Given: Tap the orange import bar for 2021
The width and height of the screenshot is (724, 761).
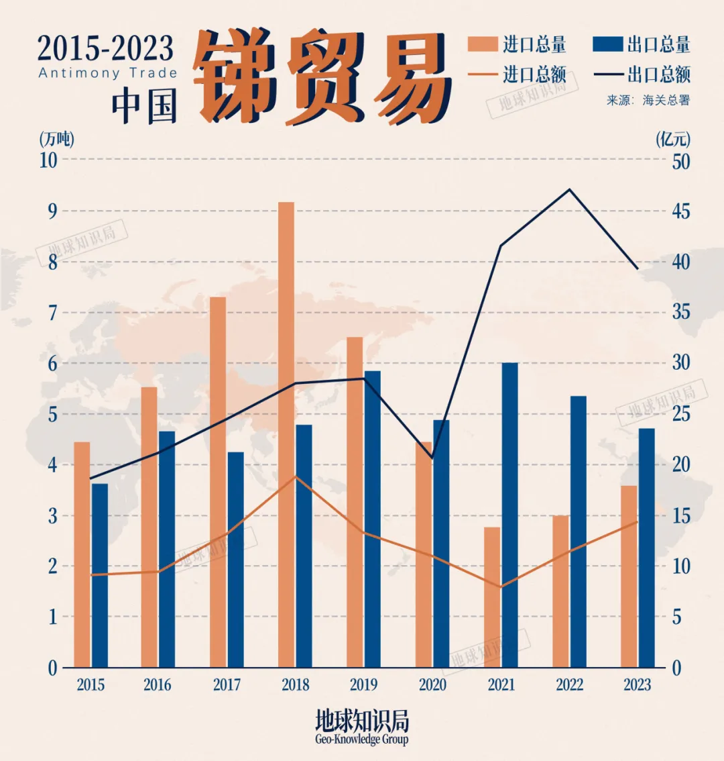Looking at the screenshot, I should (492, 597).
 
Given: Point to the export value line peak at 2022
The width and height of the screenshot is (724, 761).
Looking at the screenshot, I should (570, 189).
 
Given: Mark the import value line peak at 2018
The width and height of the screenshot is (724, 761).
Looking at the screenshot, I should (296, 476).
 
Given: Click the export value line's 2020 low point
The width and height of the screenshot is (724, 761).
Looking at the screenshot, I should (432, 458).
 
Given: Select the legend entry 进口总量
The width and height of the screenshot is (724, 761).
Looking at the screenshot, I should (517, 45).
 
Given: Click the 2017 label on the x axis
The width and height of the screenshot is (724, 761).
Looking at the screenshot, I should (227, 685).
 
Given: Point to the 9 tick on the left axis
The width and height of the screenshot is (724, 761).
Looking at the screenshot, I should (51, 211).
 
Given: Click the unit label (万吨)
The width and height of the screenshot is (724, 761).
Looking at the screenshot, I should (57, 140).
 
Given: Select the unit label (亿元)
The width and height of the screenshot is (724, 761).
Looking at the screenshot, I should (673, 140).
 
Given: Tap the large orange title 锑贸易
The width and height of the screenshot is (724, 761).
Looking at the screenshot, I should (322, 77).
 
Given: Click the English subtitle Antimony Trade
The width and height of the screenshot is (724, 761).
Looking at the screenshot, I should (107, 73).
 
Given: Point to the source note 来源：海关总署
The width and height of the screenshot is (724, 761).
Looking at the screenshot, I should (648, 101).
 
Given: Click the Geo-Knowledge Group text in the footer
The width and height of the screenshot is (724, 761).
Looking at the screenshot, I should (361, 740).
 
